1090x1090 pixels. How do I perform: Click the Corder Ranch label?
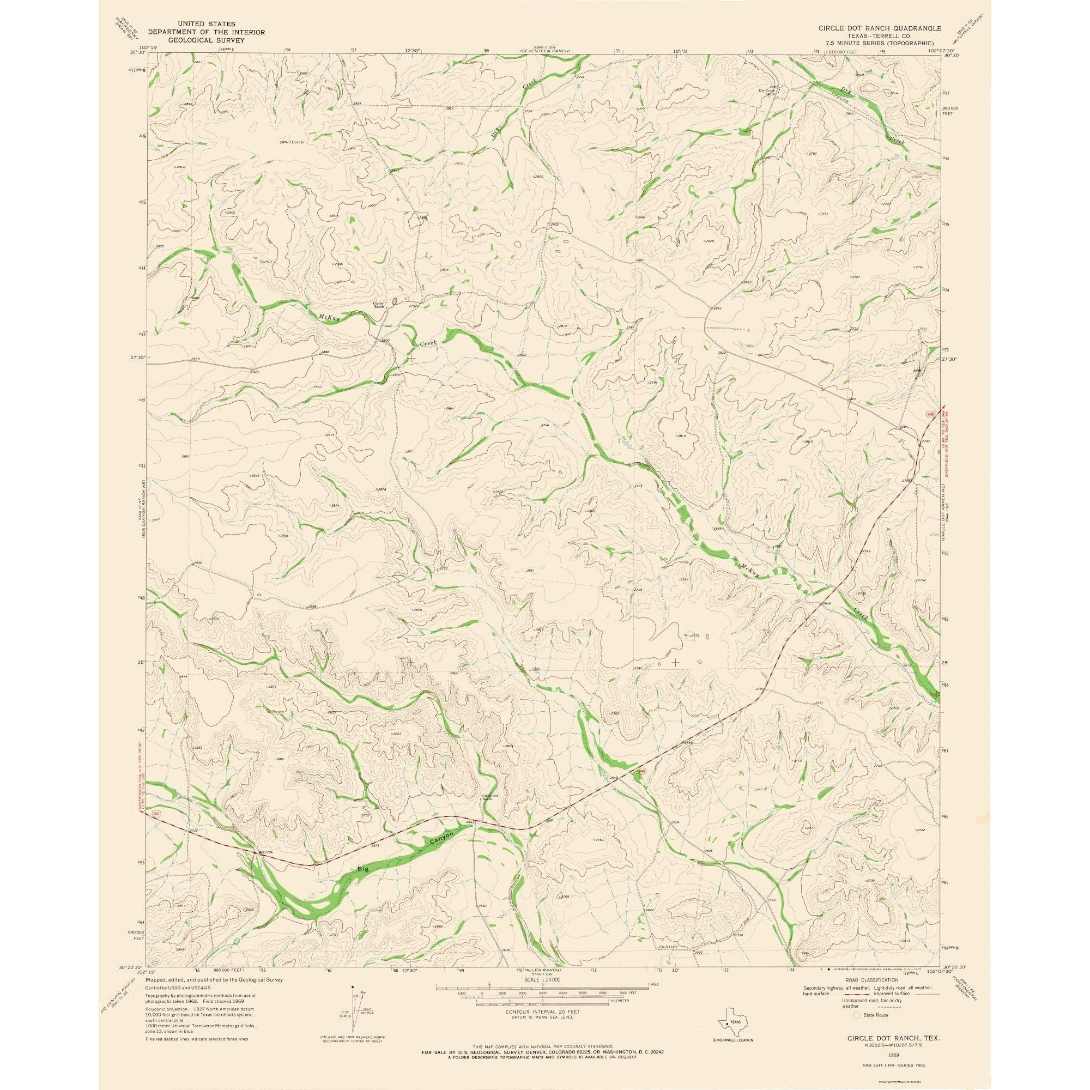pos(379,305)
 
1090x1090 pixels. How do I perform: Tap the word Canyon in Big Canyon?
pos(441,857)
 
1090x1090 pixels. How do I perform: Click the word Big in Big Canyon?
pos(363,885)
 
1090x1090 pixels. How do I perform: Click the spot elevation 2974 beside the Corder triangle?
pos(283,142)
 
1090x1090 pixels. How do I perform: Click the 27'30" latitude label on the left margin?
pos(138,358)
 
